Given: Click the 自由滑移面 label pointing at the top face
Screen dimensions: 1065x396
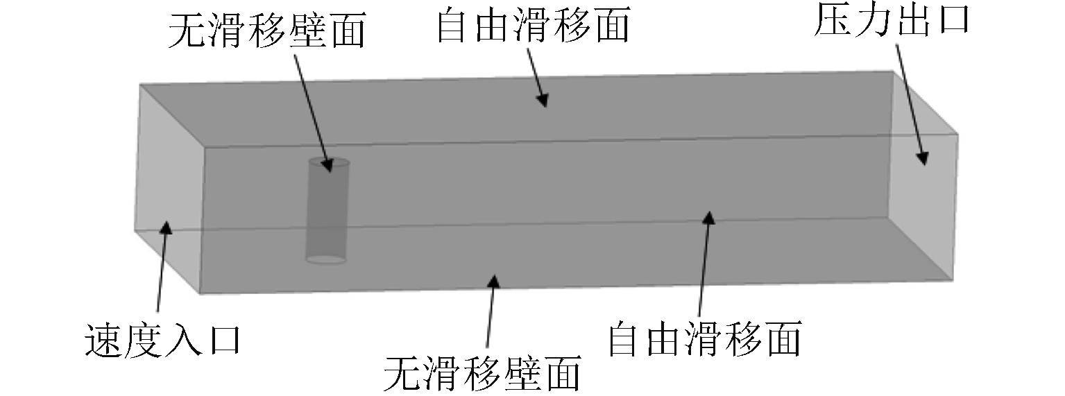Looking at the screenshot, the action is click(532, 26).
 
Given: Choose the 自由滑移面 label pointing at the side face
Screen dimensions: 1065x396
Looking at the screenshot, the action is click(704, 338).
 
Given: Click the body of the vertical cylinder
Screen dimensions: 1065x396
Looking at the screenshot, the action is click(327, 215).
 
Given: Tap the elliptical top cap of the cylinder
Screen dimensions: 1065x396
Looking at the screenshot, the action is click(329, 164).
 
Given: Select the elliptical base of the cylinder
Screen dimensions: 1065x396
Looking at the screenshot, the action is click(326, 260).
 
